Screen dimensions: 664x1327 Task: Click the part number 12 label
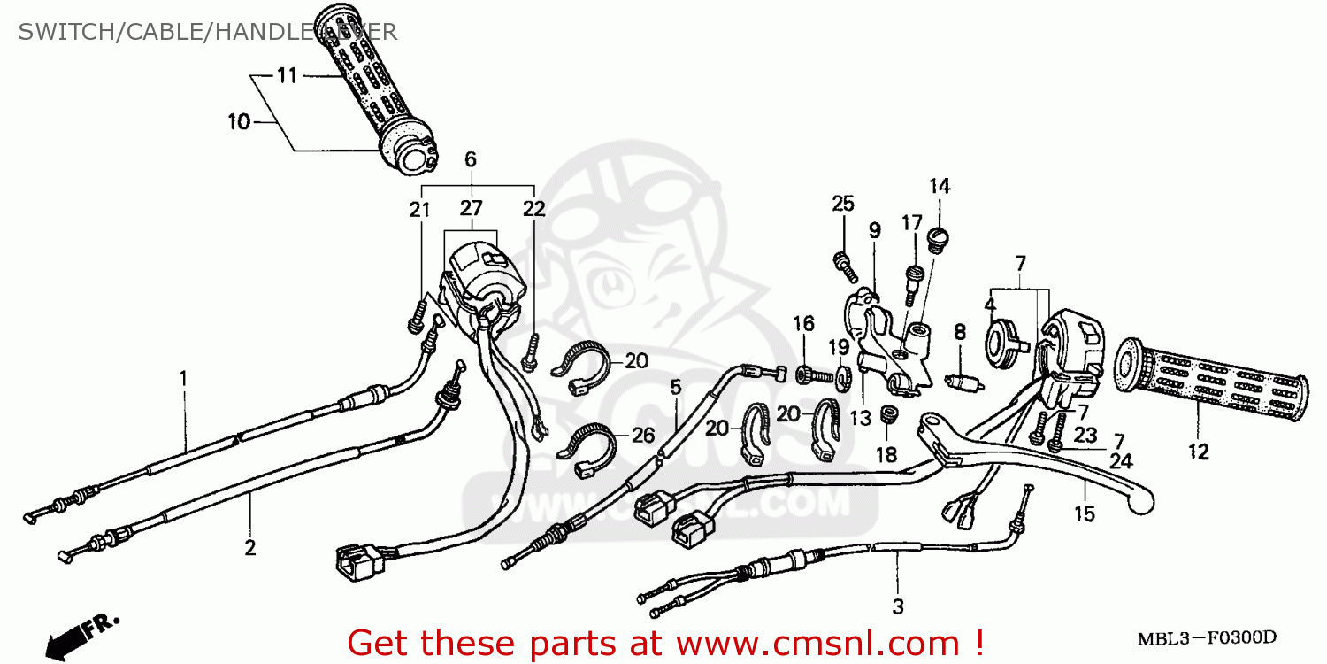(1198, 452)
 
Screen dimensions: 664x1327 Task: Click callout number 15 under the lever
(1085, 513)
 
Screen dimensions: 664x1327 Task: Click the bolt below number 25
(841, 261)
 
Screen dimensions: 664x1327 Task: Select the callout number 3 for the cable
(898, 607)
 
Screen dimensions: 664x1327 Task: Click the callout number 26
(643, 435)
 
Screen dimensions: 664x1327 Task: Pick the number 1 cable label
(183, 378)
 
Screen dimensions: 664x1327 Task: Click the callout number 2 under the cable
(250, 548)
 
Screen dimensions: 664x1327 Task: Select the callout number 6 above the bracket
(470, 160)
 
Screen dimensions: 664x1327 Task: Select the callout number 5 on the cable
(676, 386)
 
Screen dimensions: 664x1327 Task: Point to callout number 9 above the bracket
(874, 231)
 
